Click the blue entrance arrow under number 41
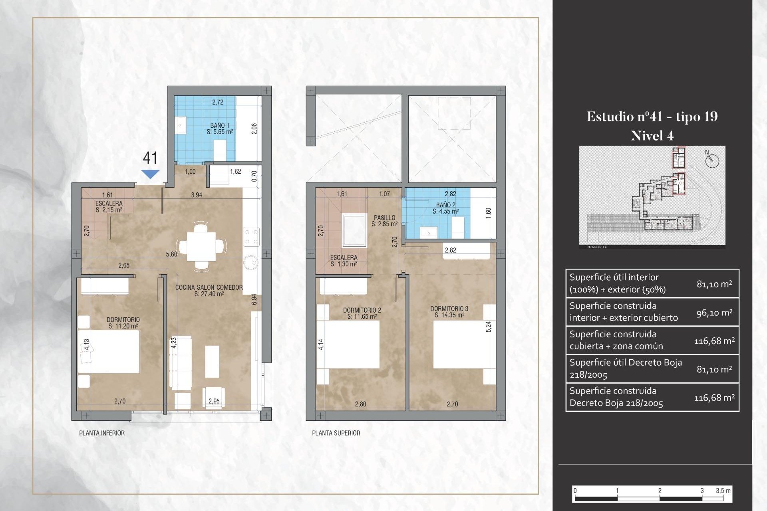point(150,174)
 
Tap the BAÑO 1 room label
point(220,128)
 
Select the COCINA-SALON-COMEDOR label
point(209,290)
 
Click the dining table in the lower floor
point(202,246)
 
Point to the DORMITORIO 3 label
point(449,311)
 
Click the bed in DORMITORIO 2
point(348,344)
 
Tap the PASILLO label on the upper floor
point(384,220)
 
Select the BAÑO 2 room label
point(445,208)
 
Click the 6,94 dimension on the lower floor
point(254,299)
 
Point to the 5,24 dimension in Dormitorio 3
point(488,327)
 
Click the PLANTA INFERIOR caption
point(102,433)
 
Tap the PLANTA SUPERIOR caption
point(336,433)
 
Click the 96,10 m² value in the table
point(714,313)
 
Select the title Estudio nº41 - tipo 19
point(652,117)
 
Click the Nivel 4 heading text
point(652,136)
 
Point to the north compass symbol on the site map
point(712,160)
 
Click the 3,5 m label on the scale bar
point(723,491)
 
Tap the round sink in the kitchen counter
point(251,262)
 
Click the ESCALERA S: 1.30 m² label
point(344,261)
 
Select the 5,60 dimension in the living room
point(171,254)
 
